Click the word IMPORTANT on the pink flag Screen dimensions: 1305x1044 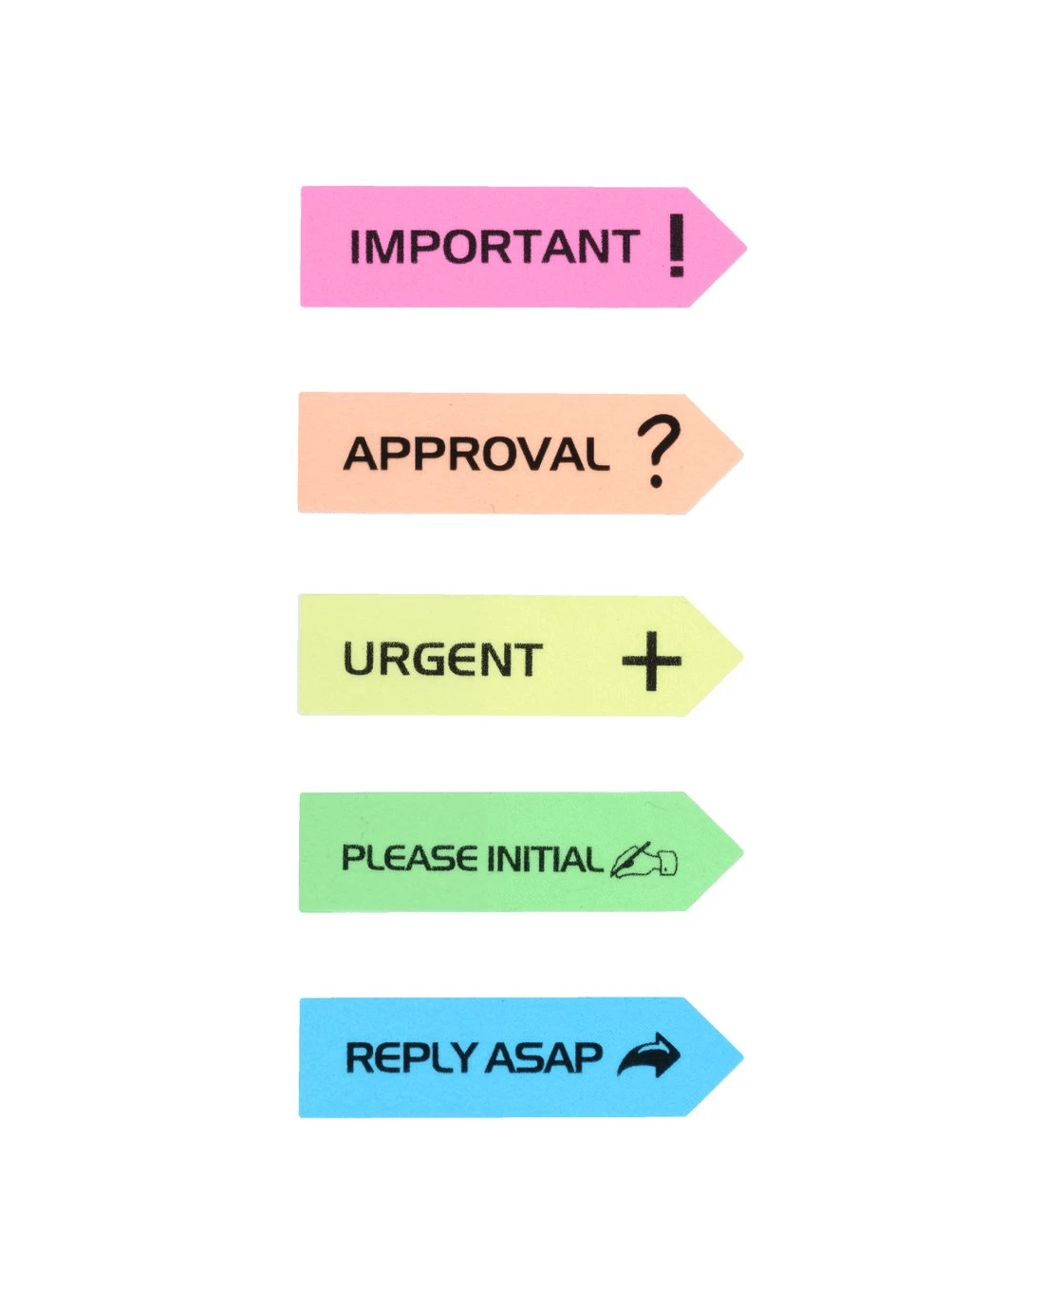coord(494,247)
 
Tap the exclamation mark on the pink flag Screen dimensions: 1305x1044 coord(676,245)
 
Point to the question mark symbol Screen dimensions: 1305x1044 coord(658,452)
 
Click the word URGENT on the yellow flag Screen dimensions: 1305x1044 coord(442,660)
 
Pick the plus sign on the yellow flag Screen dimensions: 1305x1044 coord(652,660)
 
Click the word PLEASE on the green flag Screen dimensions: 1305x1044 coord(410,859)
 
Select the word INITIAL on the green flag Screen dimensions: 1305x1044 coord(544,860)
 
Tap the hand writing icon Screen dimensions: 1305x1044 coord(643,860)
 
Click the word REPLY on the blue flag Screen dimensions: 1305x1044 coord(411,1057)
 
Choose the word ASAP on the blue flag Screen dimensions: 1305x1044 coord(544,1057)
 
